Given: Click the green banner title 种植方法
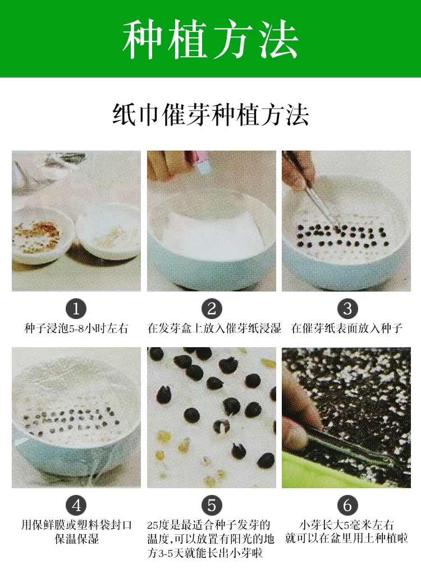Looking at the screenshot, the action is pyautogui.click(x=210, y=39).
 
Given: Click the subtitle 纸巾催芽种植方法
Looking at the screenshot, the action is pyautogui.click(x=210, y=115).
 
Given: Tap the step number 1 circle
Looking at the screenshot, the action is pyautogui.click(x=76, y=309).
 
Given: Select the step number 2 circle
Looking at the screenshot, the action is pyautogui.click(x=212, y=309).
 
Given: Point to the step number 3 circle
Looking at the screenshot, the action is pyautogui.click(x=347, y=309).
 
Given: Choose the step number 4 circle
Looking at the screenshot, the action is pyautogui.click(x=76, y=505).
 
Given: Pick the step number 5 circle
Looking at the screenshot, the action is pyautogui.click(x=212, y=505).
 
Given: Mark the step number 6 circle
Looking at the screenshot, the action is pyautogui.click(x=347, y=505).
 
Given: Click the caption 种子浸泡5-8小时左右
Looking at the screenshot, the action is pyautogui.click(x=76, y=329).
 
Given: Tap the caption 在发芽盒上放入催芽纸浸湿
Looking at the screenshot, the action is pyautogui.click(x=214, y=329).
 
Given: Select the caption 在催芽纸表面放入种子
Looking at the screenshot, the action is pyautogui.click(x=347, y=329).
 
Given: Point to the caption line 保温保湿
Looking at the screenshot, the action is pyautogui.click(x=77, y=539).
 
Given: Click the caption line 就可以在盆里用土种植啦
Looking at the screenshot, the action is pyautogui.click(x=346, y=538).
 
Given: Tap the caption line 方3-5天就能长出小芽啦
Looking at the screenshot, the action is pyautogui.click(x=205, y=553).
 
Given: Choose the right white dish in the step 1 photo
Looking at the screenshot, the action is pyautogui.click(x=108, y=231).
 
